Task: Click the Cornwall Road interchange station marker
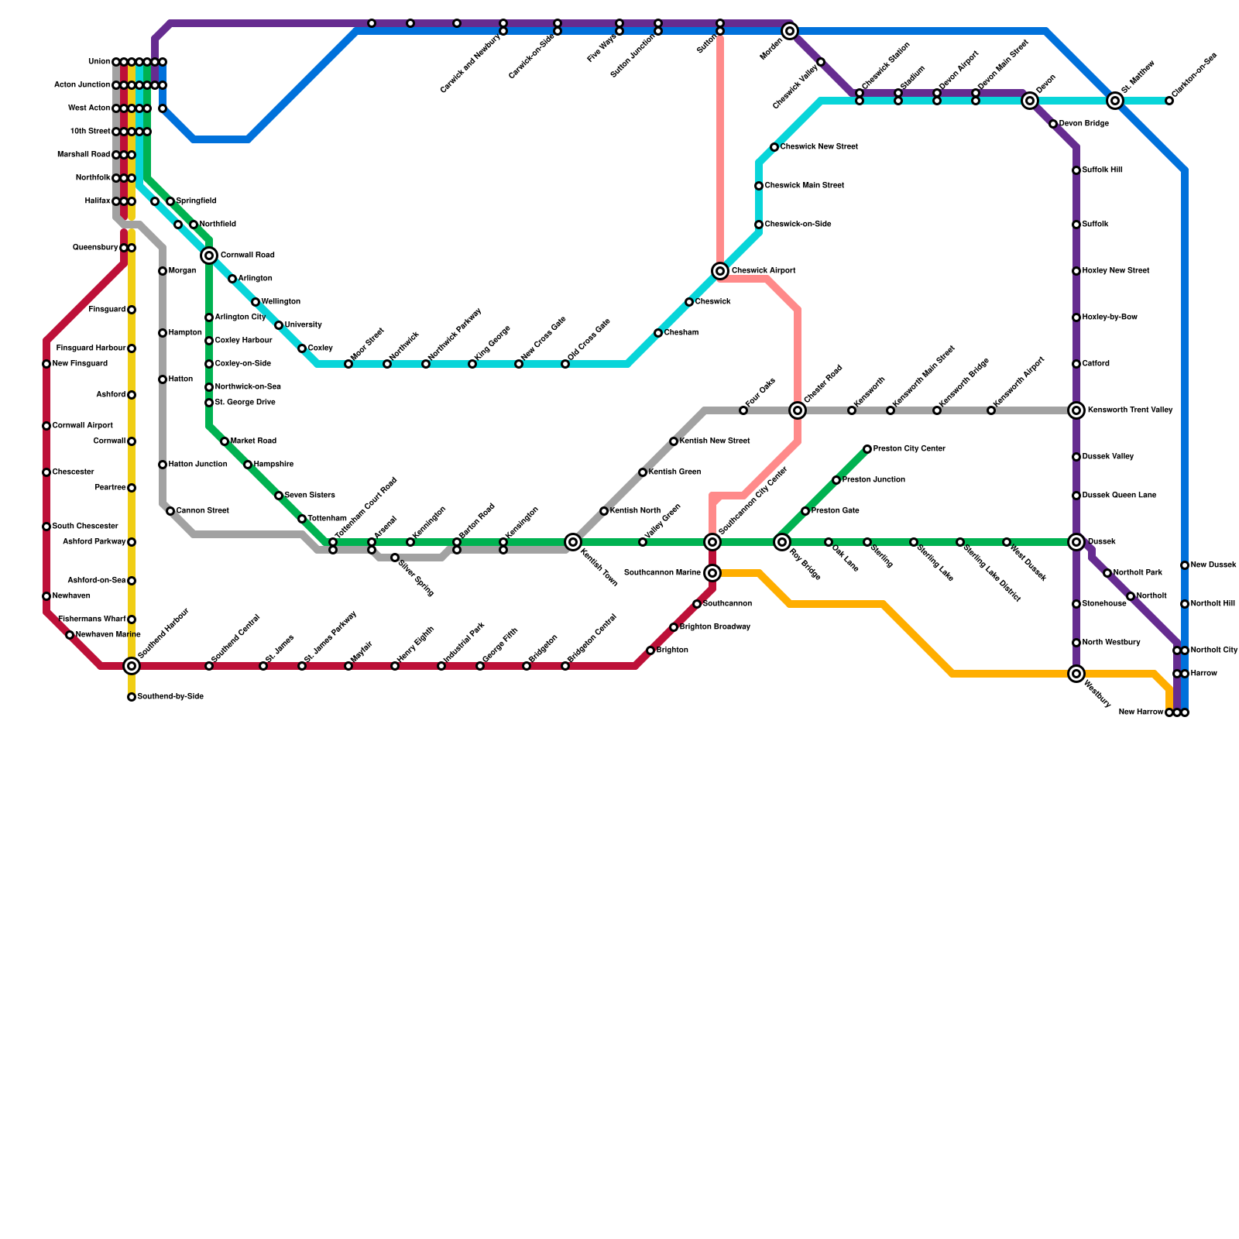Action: (209, 256)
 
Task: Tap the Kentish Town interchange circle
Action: (573, 542)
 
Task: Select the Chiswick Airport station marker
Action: (720, 271)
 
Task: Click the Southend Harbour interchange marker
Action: (132, 666)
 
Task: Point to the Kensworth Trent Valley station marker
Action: (1076, 410)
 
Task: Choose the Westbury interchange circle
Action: (1076, 674)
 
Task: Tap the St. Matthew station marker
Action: (1115, 101)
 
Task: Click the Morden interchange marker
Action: (790, 31)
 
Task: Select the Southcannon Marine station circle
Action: (712, 573)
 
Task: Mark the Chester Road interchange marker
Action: (798, 410)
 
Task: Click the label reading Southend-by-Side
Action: (170, 697)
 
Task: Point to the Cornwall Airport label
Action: (82, 426)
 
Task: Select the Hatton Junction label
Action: (197, 465)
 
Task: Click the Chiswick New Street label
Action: (819, 147)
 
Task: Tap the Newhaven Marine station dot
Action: (70, 635)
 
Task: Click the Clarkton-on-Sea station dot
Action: (1169, 101)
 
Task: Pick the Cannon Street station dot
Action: (170, 511)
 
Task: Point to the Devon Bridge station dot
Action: (1053, 124)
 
